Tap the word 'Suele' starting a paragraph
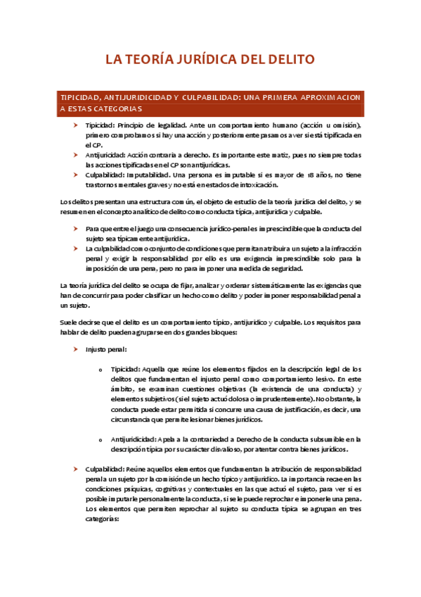tap(68, 322)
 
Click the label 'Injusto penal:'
tap(106, 348)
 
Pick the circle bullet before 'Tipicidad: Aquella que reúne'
tap(102, 368)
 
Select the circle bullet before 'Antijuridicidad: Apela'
tap(102, 439)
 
